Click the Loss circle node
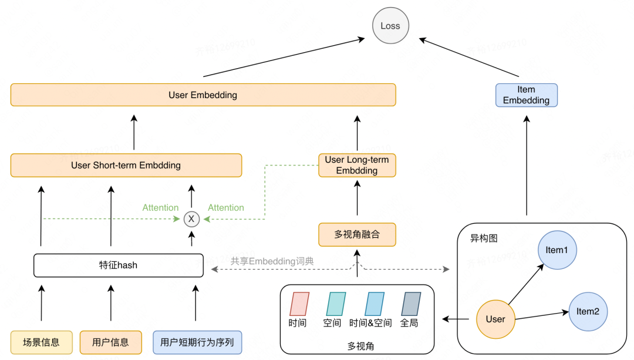point(390,26)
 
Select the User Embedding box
point(203,95)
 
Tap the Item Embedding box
point(526,95)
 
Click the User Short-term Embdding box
point(126,165)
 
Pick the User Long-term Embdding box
point(357,165)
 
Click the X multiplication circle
point(191,219)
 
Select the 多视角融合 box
point(357,234)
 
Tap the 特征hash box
point(119,265)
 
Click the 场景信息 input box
point(41,342)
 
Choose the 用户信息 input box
point(110,342)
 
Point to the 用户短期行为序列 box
point(197,342)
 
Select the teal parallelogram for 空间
point(332,305)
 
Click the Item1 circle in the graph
point(557,250)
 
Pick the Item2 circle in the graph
point(588,311)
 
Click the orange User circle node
point(495,319)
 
